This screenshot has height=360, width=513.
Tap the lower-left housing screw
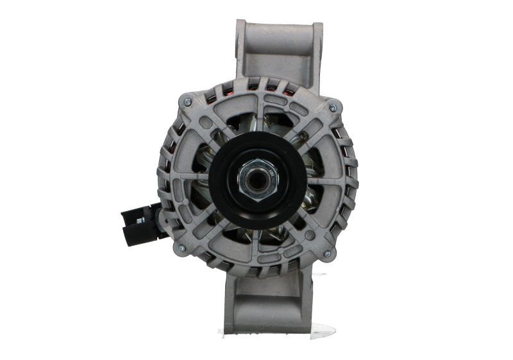coord(181,248)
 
